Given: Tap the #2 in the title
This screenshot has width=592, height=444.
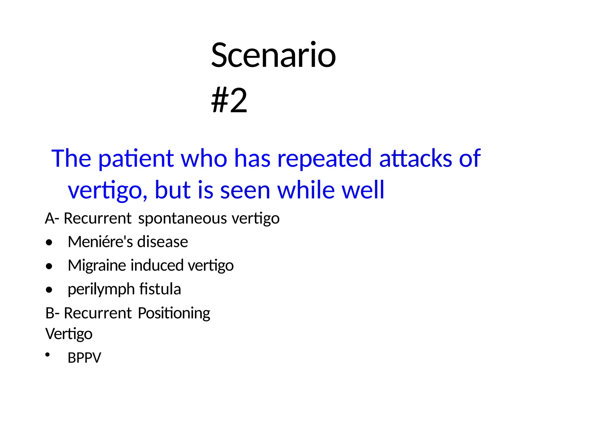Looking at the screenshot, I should tap(229, 100).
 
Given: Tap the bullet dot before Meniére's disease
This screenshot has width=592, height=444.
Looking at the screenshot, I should tap(49, 242).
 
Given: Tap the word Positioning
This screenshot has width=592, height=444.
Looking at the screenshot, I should tap(174, 313).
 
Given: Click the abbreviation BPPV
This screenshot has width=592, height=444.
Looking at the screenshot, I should tap(84, 358).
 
